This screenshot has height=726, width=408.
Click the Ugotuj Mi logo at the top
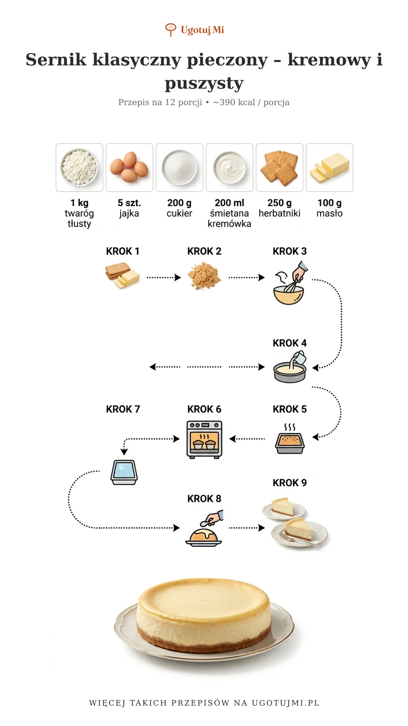pos(195,30)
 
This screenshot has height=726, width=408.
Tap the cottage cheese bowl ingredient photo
pos(79,168)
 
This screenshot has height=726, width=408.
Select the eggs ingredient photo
pos(129,168)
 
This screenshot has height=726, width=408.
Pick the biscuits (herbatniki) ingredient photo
pos(280,168)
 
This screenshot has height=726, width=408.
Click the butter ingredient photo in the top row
pos(329,168)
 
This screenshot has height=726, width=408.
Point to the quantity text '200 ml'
pos(229,203)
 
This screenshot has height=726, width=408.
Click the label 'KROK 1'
pos(123,251)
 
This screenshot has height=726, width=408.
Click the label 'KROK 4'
pos(290,343)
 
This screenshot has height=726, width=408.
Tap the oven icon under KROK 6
pos(204,439)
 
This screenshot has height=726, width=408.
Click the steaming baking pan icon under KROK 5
pos(290,439)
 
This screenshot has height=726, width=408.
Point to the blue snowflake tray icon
pos(124,472)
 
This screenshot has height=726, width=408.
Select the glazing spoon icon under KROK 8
pos(204,528)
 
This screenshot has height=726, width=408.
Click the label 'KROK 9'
pos(290,483)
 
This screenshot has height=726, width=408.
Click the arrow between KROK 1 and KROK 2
pos(164,278)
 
